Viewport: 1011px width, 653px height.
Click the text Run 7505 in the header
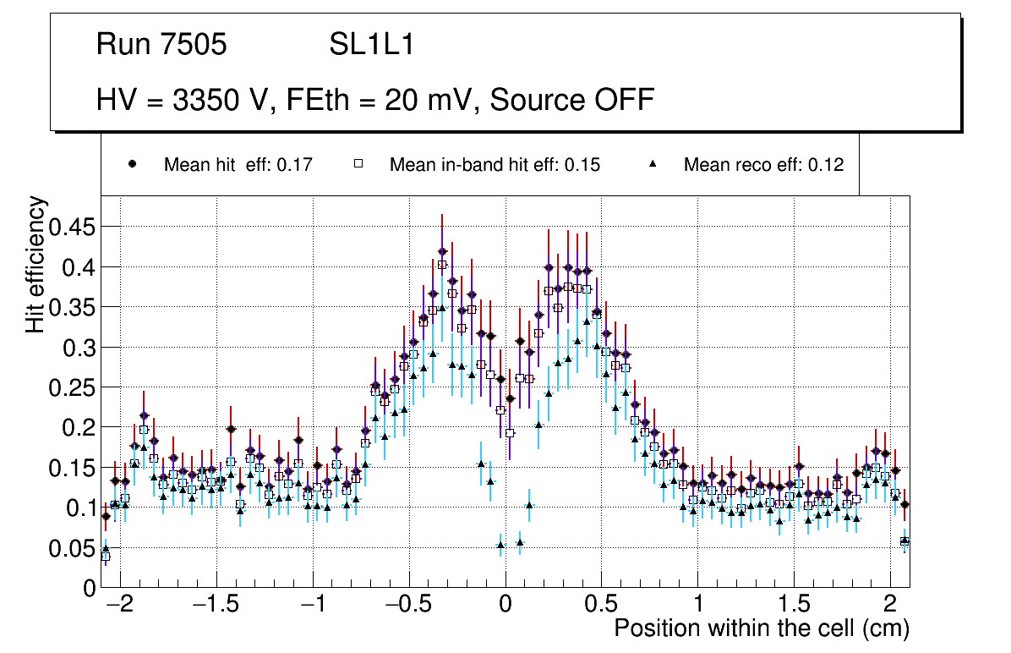coord(161,45)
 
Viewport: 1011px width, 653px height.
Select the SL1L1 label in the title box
coord(372,45)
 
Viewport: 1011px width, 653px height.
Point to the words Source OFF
coord(572,100)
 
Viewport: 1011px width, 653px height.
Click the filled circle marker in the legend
coord(132,164)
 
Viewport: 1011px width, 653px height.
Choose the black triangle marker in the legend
coord(653,164)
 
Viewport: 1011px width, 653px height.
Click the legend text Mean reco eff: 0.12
coord(763,165)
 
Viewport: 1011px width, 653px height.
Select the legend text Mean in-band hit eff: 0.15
coord(495,165)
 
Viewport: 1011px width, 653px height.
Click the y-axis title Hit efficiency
coord(36,264)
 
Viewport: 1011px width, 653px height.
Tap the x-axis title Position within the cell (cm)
coord(761,629)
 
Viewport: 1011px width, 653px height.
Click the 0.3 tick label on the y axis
coord(79,348)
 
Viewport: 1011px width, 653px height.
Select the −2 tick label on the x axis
coord(119,606)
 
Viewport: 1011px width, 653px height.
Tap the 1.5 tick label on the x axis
coord(794,606)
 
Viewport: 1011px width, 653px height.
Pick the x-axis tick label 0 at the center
coord(505,606)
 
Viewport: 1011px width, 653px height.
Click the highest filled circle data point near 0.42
coord(442,251)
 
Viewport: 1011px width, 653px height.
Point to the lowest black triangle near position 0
coord(500,545)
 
